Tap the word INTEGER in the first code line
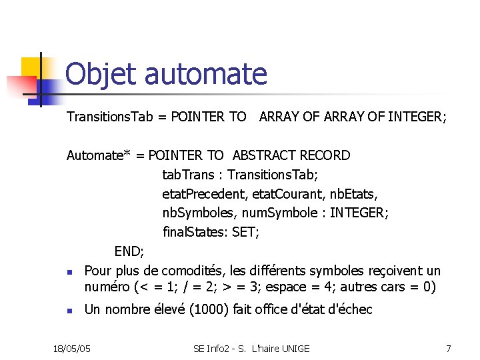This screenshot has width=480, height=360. [417, 117]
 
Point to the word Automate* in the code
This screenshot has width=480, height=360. [99, 155]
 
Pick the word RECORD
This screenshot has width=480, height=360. [325, 155]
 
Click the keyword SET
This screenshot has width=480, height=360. [245, 233]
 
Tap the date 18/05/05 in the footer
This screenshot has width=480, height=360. [72, 348]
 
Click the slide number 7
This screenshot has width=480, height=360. [449, 348]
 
